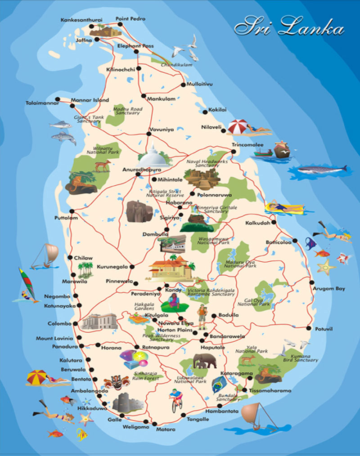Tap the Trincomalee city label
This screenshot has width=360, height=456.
[247, 145]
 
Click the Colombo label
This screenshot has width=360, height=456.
[59, 324]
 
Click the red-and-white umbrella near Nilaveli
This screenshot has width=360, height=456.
[238, 127]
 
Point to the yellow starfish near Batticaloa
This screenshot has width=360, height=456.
[326, 267]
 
